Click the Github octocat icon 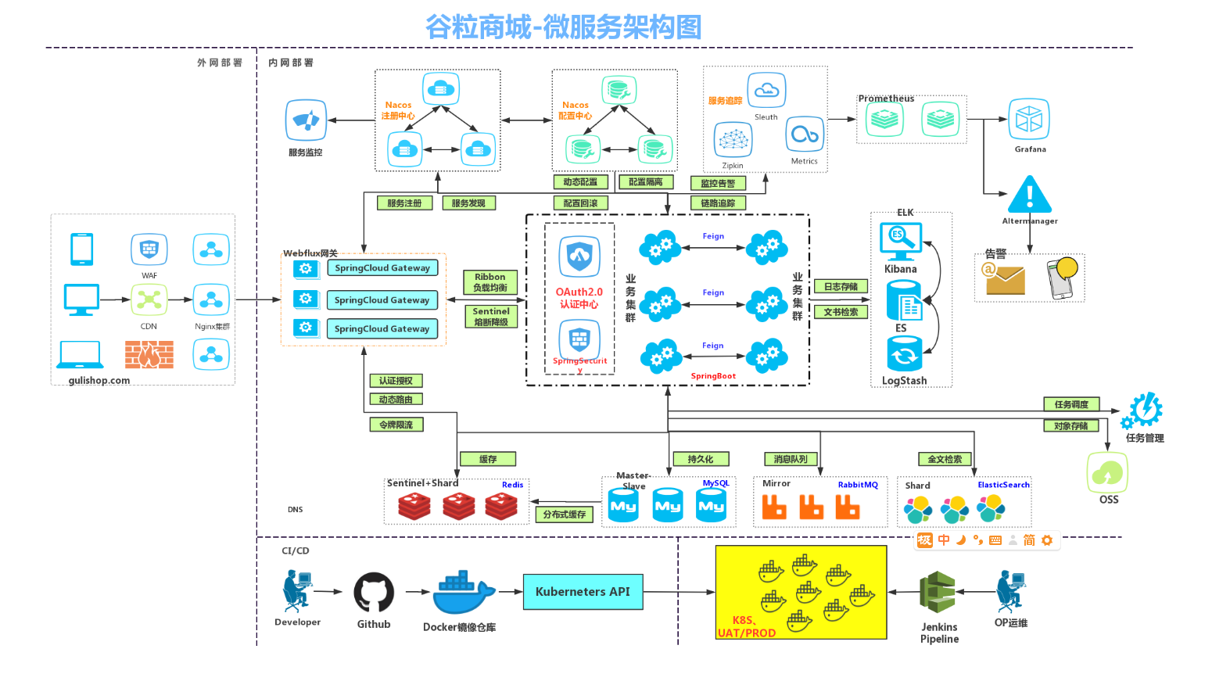pyautogui.click(x=374, y=592)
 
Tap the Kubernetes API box pyautogui.click(x=583, y=592)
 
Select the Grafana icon pyautogui.click(x=1029, y=120)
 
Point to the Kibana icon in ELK pyautogui.click(x=901, y=241)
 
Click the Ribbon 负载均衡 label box pyautogui.click(x=490, y=282)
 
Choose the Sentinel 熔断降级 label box pyautogui.click(x=491, y=317)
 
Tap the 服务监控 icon pyautogui.click(x=306, y=120)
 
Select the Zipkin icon pyautogui.click(x=733, y=140)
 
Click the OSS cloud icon pyautogui.click(x=1107, y=472)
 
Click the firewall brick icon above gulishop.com pyautogui.click(x=149, y=354)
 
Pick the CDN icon pyautogui.click(x=149, y=299)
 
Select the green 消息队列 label pyautogui.click(x=791, y=459)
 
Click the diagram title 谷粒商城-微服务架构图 pyautogui.click(x=563, y=27)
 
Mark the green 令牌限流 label pyautogui.click(x=396, y=425)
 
